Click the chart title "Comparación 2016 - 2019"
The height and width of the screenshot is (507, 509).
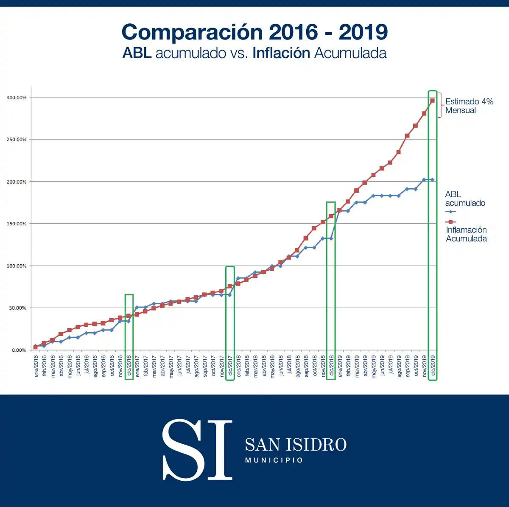tap(255, 32)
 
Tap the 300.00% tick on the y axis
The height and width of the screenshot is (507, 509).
tap(17, 98)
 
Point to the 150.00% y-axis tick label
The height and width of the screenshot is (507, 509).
tap(17, 224)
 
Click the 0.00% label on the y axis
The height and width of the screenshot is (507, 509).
tap(19, 350)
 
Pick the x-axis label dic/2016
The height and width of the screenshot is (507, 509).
tap(129, 366)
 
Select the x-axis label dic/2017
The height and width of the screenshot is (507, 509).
tap(230, 366)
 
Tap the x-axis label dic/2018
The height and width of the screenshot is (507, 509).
tap(331, 366)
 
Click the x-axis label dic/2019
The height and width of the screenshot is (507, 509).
tap(432, 366)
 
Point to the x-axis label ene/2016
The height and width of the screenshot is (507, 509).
tap(36, 366)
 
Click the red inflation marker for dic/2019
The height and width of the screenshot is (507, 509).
tap(432, 101)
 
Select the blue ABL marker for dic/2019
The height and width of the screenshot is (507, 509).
tap(432, 180)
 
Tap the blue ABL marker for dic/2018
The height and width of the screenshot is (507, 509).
tap(331, 238)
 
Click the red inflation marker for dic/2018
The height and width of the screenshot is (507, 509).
tap(331, 216)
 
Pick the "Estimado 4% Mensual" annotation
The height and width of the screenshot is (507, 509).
tap(469, 106)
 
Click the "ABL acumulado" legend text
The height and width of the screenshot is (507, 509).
tap(465, 199)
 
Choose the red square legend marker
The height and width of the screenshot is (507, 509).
tap(450, 222)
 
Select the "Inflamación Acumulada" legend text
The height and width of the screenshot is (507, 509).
tap(466, 234)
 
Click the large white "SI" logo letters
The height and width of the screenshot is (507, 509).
tap(197, 450)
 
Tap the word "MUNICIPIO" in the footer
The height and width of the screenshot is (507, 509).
tap(274, 460)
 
